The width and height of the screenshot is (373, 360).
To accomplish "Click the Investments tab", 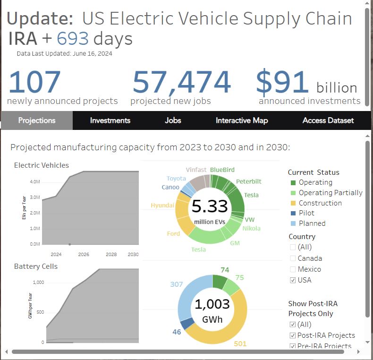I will tap(110, 120).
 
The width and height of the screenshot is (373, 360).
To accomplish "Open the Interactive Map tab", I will tap(242, 120).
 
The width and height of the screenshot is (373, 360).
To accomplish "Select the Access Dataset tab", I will tap(328, 120).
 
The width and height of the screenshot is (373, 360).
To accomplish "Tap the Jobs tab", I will tap(173, 120).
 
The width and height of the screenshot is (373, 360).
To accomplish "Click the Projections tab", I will tap(37, 120).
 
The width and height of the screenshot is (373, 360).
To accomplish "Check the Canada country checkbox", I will tap(293, 258).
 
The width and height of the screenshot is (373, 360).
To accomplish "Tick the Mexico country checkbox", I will tap(293, 269).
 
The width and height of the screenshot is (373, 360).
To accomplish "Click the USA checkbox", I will tap(293, 280).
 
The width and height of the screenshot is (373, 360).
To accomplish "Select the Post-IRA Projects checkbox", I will tap(293, 335).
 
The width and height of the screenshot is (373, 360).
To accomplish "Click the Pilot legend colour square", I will tap(293, 213).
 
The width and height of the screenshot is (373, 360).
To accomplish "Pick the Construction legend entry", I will tap(320, 203).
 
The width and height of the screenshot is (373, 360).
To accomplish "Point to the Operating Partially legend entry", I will tap(331, 193).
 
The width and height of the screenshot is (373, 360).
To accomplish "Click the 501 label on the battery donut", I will tap(240, 344).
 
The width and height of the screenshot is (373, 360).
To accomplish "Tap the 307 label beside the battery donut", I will tap(176, 284).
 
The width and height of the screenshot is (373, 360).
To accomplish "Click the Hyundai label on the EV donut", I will tap(162, 206).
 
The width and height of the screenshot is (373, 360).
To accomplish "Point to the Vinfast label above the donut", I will tap(195, 170).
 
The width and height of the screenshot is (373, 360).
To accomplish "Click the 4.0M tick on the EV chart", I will tap(34, 182).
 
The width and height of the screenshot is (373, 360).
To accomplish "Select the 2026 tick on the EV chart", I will tap(84, 254).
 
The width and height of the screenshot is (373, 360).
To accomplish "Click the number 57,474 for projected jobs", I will tap(181, 82).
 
